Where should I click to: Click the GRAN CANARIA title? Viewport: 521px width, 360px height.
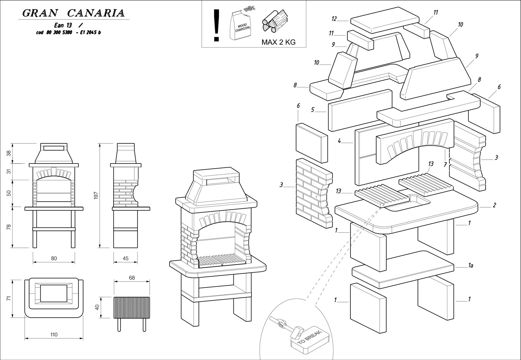(73, 13)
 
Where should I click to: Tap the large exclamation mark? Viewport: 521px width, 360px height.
(217, 25)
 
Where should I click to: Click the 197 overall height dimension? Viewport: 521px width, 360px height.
(96, 195)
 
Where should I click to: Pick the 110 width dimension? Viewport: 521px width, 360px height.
(53, 335)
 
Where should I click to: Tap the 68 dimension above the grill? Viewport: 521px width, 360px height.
(132, 277)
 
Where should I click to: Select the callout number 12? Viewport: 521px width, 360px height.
(334, 19)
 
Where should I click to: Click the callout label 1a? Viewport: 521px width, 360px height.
(471, 266)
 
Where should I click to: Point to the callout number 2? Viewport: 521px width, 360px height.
(494, 205)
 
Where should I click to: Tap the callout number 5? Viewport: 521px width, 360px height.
(313, 110)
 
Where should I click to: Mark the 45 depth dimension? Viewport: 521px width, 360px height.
(125, 258)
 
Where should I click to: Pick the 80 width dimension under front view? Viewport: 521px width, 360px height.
(53, 258)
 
